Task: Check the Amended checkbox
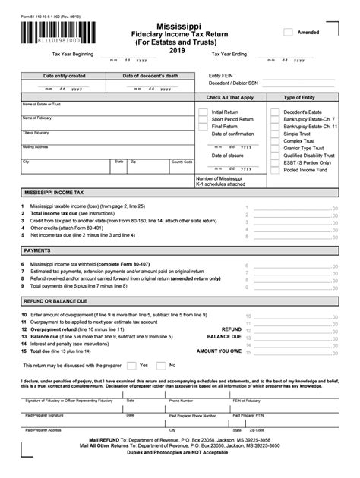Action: tap(288, 32)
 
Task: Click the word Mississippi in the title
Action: tap(179, 25)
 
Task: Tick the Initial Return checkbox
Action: tap(203, 112)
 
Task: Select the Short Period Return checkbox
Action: tap(203, 119)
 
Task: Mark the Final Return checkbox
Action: tap(203, 127)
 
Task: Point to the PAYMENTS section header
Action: tap(37, 249)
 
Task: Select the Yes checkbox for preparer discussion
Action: tap(131, 365)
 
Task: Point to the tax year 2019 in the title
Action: tap(179, 51)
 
